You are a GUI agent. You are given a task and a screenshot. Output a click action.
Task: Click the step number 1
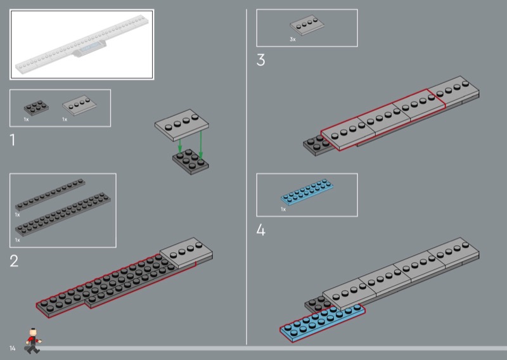point(13,140)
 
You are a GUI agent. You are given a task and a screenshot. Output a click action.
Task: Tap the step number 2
point(14,261)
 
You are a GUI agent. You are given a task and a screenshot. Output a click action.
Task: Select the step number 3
point(260,60)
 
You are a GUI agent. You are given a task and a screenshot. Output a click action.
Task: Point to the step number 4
point(260,230)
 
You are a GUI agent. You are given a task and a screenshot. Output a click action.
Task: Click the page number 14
point(12,348)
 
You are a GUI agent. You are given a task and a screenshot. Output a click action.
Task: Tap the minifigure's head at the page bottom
point(33,332)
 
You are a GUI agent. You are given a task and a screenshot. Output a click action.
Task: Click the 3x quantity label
point(293,39)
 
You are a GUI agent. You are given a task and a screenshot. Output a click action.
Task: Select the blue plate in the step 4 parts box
point(307,192)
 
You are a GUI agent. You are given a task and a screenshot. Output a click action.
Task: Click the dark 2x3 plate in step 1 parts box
point(36,108)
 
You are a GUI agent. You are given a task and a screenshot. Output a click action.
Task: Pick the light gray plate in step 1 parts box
point(79,105)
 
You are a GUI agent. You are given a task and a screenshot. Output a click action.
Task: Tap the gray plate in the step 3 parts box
point(307,25)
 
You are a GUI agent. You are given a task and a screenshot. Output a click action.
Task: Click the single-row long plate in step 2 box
point(50,195)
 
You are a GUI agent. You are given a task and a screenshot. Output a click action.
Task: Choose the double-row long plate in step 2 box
point(63,214)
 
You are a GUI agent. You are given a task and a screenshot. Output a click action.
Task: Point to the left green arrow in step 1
point(180,145)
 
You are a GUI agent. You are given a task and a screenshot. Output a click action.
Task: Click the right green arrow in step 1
point(201,145)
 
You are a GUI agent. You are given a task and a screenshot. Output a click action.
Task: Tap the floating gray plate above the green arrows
point(182,125)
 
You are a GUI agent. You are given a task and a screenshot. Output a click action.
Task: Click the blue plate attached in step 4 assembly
point(323,323)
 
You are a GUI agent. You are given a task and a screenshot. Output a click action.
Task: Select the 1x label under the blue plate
point(283,209)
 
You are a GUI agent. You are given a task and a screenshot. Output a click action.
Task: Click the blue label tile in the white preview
point(90,48)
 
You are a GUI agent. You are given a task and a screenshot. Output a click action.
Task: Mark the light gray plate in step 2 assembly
point(186,254)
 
